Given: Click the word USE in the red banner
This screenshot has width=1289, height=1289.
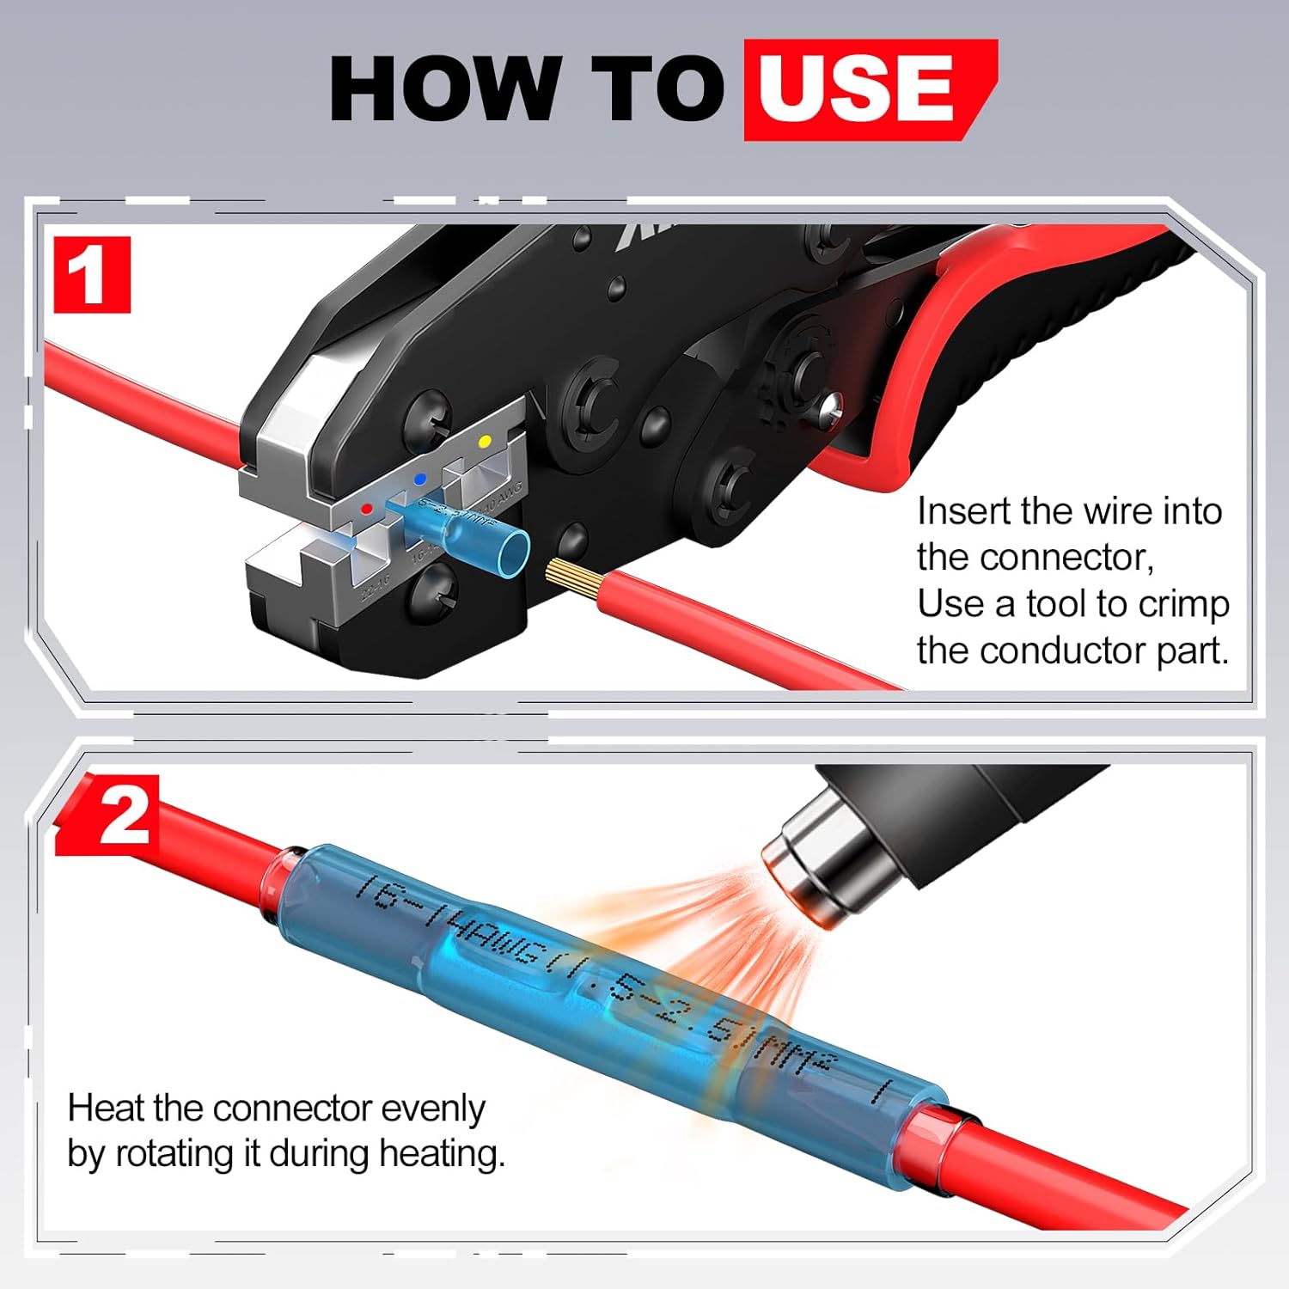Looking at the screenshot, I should [x=857, y=88].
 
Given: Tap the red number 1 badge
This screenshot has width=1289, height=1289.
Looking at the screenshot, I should [x=91, y=275].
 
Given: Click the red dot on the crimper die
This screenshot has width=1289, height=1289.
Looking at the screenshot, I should [x=367, y=510].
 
